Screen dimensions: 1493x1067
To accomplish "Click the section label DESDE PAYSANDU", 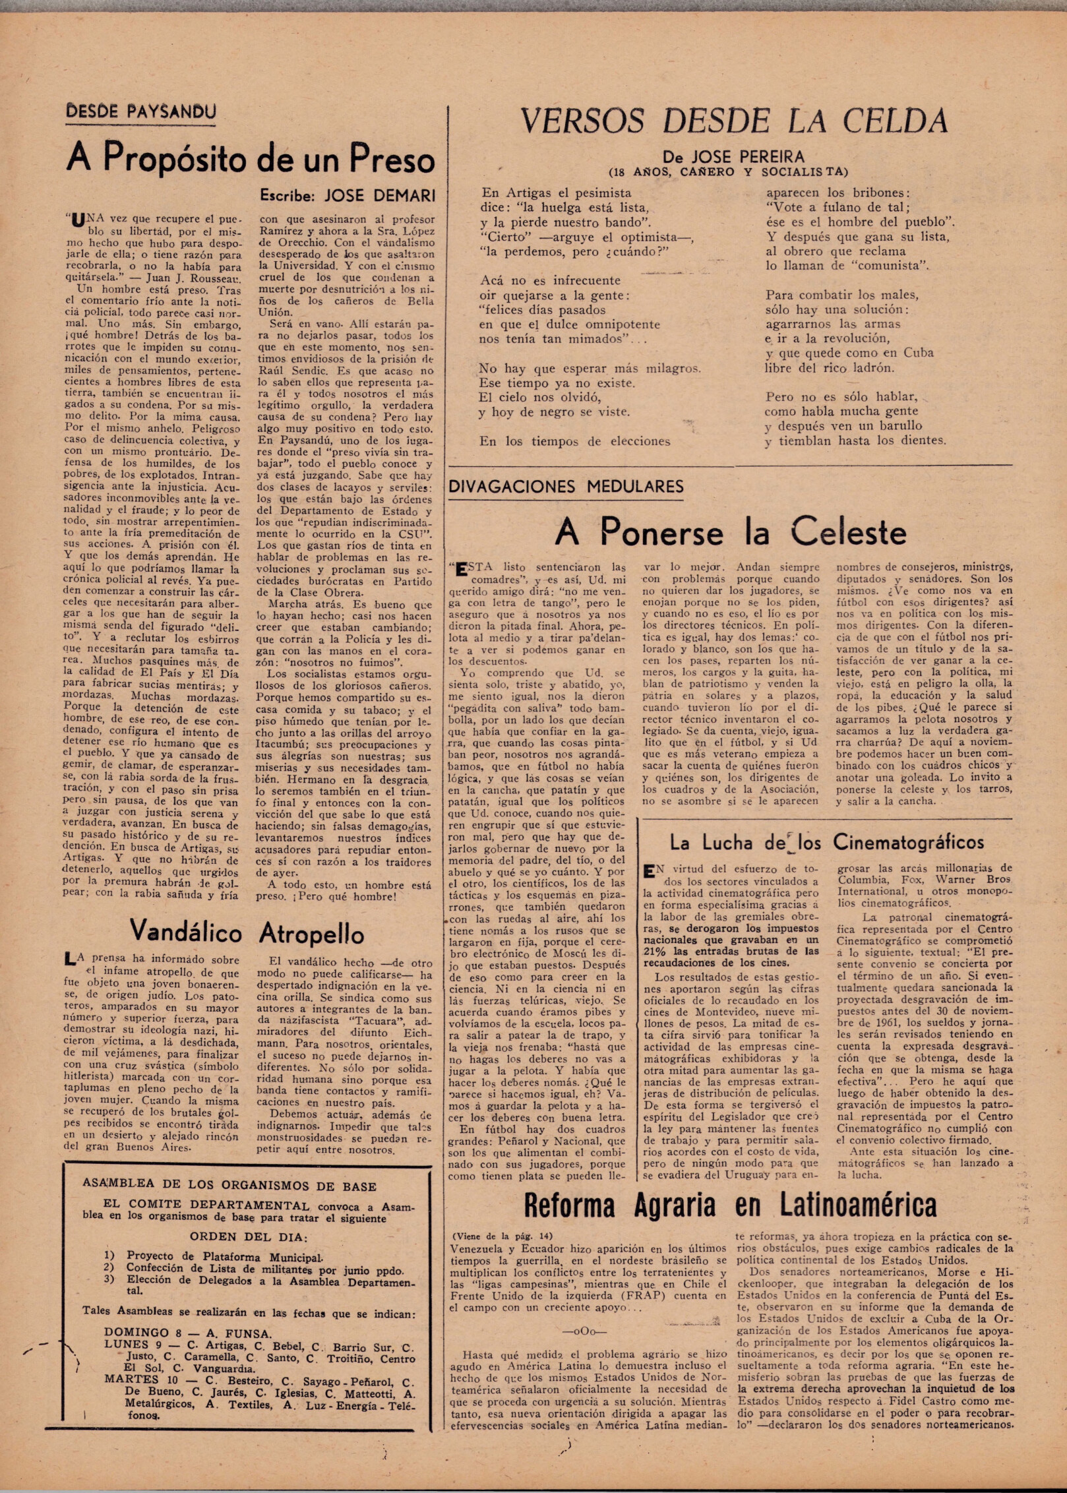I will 140,111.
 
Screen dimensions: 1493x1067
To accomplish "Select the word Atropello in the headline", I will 311,933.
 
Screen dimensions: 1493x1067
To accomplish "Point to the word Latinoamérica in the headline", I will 858,1205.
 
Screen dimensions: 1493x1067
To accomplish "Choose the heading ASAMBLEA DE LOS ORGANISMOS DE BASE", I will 229,1186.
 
